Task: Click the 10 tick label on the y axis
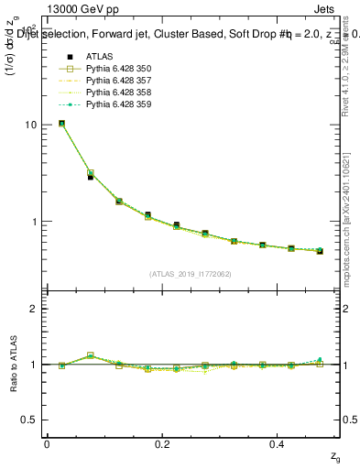click(x=31, y=125)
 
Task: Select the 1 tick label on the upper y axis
click(x=35, y=222)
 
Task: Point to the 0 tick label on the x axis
click(x=48, y=443)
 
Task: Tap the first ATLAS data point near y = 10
click(x=61, y=123)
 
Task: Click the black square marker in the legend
click(x=61, y=57)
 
